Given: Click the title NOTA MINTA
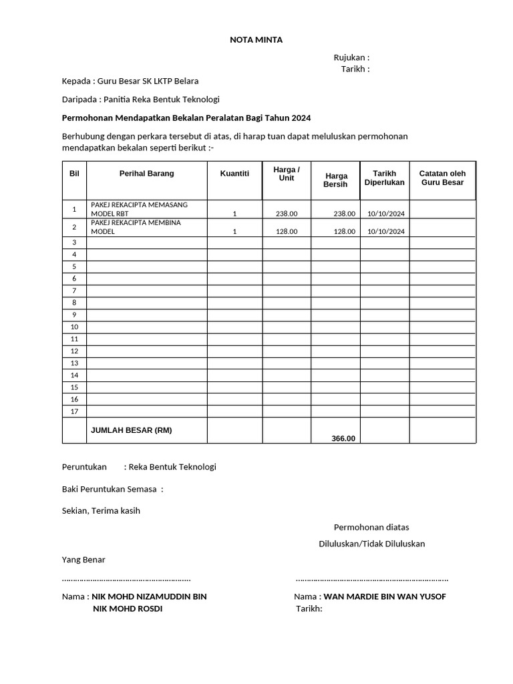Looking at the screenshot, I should click(x=256, y=40).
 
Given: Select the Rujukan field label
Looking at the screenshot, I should click(x=351, y=57).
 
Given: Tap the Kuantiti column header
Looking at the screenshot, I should click(x=234, y=174).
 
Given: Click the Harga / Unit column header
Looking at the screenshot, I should click(x=287, y=174).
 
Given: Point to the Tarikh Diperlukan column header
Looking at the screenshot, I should click(x=384, y=178).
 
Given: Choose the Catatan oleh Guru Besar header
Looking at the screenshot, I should click(x=442, y=178).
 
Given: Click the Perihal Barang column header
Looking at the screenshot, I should click(x=146, y=174).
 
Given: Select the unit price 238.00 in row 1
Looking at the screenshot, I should click(x=287, y=214).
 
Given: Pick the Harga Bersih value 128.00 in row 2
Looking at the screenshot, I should click(x=344, y=232).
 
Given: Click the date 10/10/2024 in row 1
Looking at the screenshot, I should click(x=385, y=214).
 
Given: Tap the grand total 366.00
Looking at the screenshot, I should click(x=343, y=438).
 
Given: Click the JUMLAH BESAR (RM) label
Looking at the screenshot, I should click(x=131, y=430).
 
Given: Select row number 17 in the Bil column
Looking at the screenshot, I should click(x=74, y=411).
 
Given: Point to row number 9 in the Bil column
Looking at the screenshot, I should click(x=74, y=315).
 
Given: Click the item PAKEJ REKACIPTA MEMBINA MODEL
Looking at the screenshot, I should click(x=136, y=227).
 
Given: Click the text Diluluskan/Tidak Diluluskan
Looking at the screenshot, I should click(x=371, y=544).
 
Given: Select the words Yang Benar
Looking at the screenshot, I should click(x=83, y=560).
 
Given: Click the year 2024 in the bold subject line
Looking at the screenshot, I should click(x=301, y=118).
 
